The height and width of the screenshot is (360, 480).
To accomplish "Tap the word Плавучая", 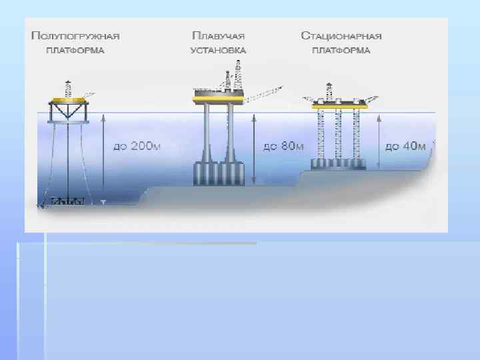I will (218, 35).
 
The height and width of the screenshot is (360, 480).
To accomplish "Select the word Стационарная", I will (341, 35).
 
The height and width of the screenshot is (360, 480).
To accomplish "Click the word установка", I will (218, 50).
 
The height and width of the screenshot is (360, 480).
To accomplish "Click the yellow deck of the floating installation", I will (217, 100).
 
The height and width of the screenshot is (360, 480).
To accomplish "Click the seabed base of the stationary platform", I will (339, 164).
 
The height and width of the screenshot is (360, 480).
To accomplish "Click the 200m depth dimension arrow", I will (103, 159).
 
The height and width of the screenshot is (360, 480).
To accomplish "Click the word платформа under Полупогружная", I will (75, 50).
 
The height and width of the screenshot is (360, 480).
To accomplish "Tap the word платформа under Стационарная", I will (341, 50).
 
